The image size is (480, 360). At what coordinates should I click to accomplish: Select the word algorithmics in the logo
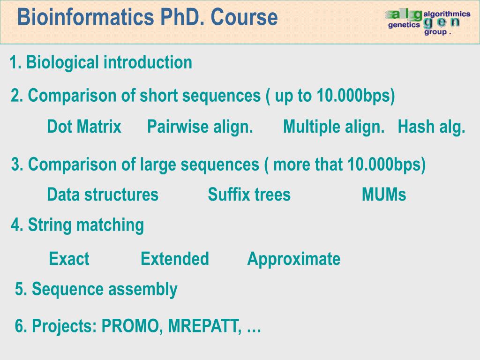447,15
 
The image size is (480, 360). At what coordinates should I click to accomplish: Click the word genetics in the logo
404,25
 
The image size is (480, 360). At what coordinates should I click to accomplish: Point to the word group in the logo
435,32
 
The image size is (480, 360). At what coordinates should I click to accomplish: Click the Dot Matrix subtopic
84,127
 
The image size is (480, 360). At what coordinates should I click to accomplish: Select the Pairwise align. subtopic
200,127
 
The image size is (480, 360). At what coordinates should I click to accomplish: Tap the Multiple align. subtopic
334,127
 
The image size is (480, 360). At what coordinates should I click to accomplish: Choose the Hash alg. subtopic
431,127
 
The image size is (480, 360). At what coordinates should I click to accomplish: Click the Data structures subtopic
103,195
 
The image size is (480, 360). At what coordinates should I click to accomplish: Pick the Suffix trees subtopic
249,195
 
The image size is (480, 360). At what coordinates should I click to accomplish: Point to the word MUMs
384,195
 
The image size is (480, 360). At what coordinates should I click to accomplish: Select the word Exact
69,259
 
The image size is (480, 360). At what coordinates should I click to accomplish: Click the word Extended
174,259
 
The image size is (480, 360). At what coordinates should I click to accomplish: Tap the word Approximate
293,259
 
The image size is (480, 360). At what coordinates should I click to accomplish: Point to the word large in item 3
158,165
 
